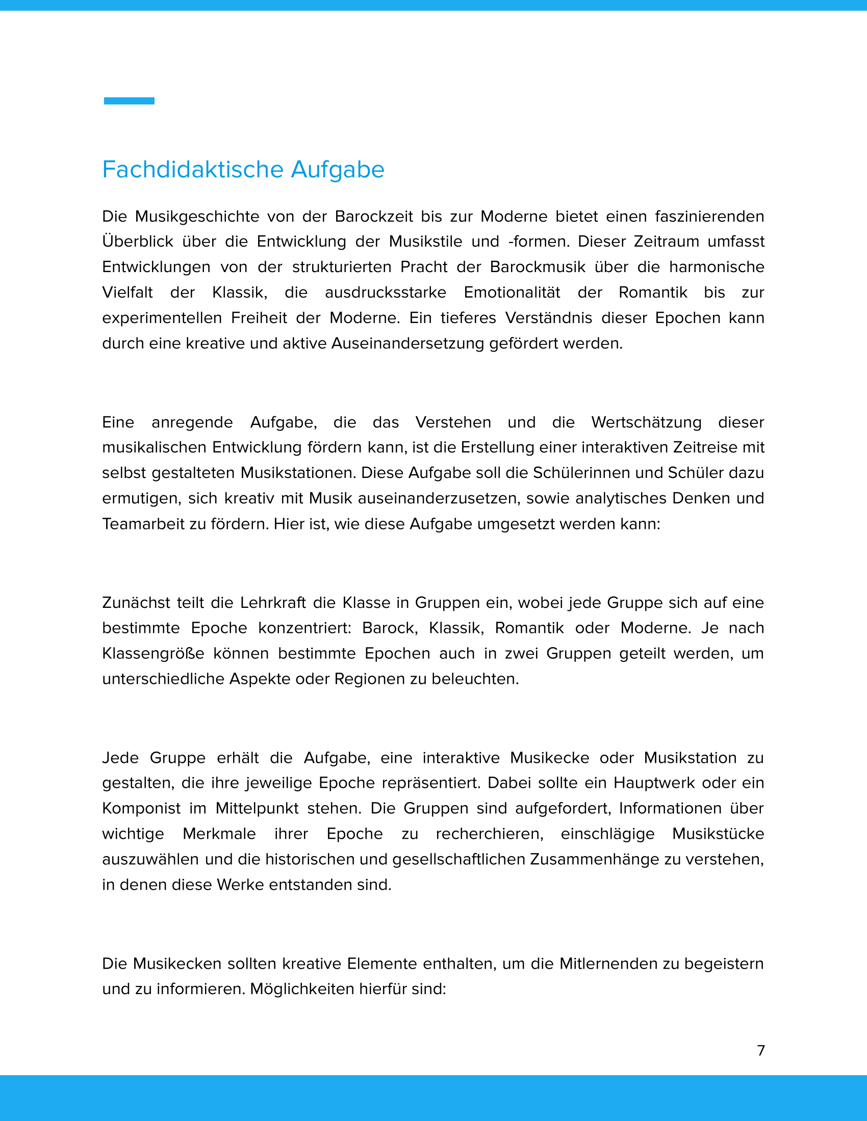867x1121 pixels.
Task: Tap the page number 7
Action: click(761, 1050)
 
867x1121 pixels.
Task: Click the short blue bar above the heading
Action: click(129, 101)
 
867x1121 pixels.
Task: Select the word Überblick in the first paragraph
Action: click(137, 242)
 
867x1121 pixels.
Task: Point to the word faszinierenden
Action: click(709, 217)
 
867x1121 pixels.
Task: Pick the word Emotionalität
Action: click(512, 292)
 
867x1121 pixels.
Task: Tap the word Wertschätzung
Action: click(646, 422)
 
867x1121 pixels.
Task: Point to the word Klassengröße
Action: click(153, 653)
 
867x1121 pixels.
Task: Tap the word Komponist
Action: click(141, 809)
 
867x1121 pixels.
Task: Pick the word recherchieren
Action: click(490, 834)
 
